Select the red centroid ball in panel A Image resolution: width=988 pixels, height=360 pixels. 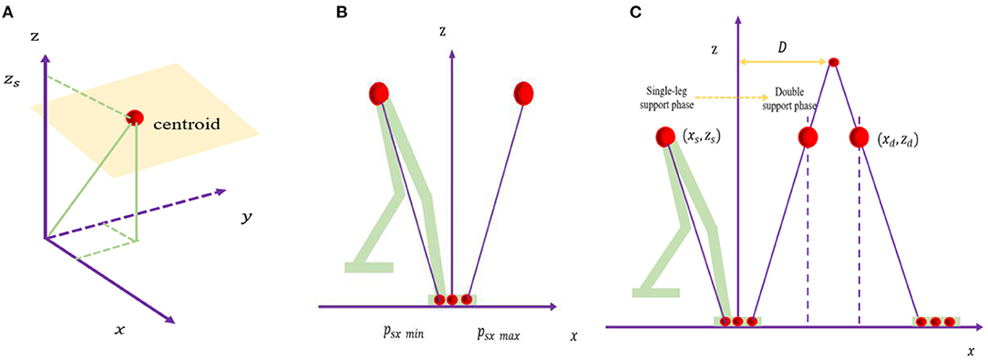136,118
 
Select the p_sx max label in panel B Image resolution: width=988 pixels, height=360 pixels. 498,335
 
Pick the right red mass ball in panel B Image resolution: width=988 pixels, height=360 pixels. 523,93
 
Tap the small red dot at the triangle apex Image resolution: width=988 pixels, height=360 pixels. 832,62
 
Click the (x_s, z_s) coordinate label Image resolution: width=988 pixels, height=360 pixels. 703,138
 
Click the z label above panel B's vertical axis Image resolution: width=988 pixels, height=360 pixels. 442,31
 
